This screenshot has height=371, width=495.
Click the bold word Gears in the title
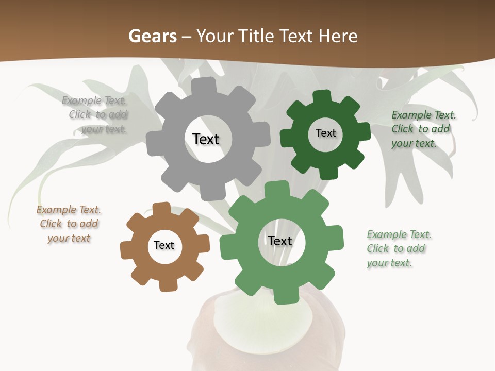152,37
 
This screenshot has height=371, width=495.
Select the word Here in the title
338,37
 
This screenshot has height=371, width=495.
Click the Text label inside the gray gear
206,139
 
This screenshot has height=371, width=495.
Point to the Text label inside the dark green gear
325,133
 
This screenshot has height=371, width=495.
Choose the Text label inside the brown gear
164,245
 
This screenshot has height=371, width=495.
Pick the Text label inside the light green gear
280,241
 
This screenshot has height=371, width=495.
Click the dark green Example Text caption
423,129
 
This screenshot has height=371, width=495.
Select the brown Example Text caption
69,224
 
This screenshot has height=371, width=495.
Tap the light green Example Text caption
399,248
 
